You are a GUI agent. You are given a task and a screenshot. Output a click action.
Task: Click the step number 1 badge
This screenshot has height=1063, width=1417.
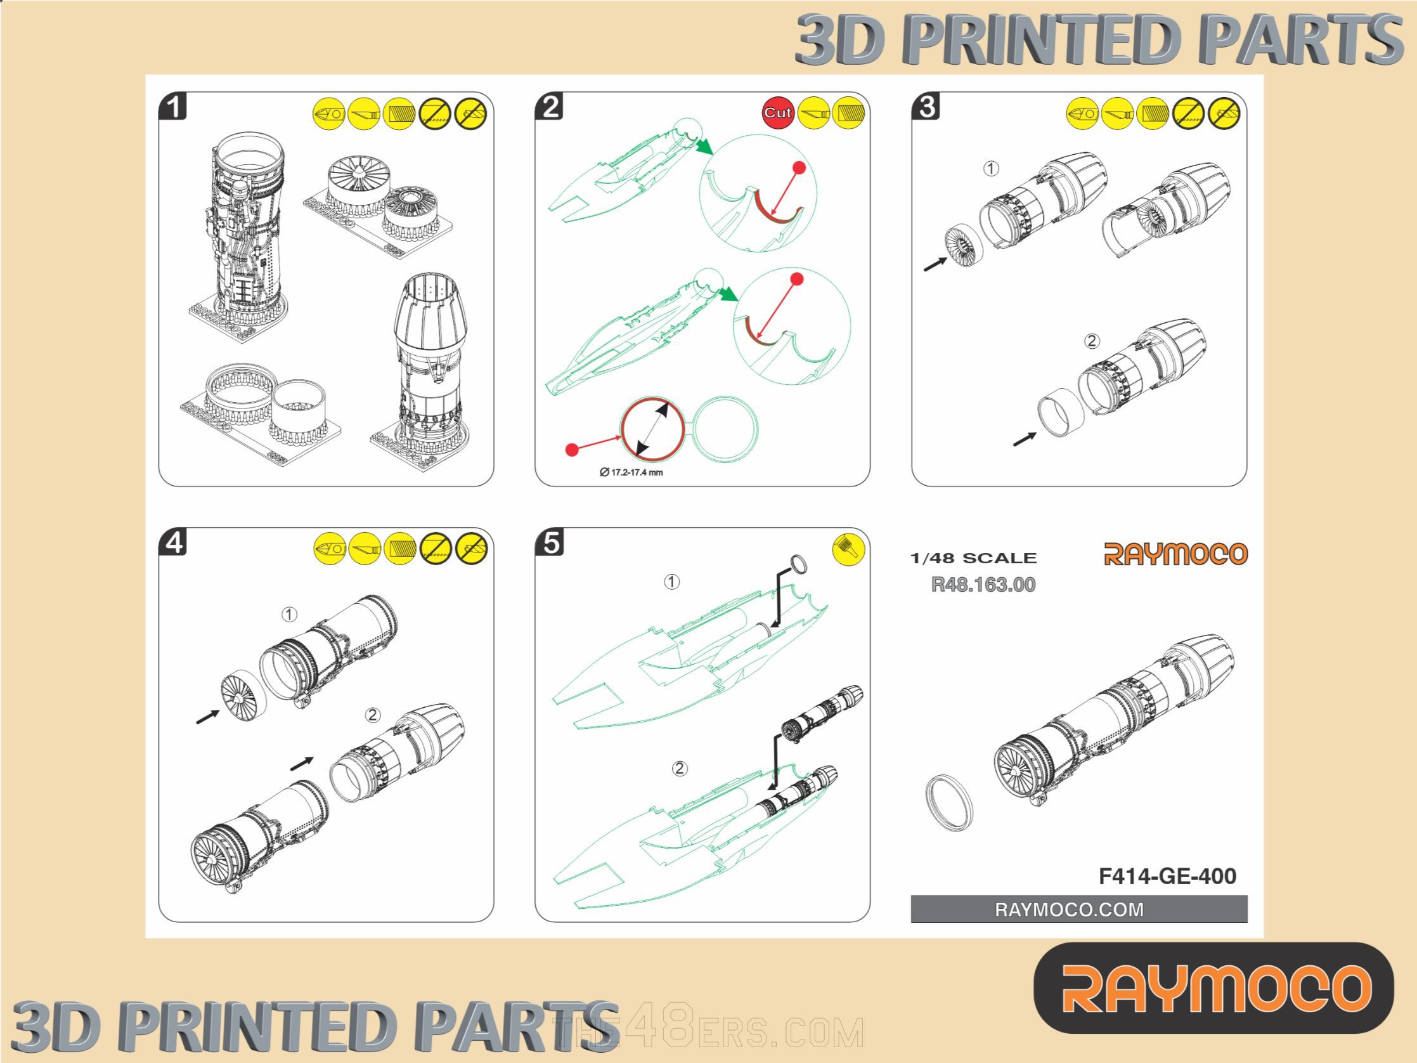(x=173, y=107)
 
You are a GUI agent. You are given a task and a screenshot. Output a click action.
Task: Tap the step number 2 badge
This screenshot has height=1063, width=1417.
(x=550, y=107)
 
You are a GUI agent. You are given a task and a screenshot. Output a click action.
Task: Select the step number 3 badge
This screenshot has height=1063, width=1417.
(x=926, y=107)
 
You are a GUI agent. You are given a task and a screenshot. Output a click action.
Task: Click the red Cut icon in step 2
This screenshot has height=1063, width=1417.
(x=778, y=114)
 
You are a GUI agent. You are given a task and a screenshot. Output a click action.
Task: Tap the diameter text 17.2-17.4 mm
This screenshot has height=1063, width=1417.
(x=631, y=473)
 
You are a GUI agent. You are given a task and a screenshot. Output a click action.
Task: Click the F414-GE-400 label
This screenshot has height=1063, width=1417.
(x=1167, y=876)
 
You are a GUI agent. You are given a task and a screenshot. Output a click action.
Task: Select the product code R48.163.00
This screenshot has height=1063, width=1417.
(x=983, y=584)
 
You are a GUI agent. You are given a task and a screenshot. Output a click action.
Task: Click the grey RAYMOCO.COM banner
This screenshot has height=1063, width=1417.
(x=1079, y=910)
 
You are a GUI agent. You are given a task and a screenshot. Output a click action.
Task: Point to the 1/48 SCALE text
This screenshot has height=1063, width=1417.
(x=973, y=558)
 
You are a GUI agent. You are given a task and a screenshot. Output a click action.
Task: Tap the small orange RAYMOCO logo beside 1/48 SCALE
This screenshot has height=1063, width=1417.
(x=1175, y=554)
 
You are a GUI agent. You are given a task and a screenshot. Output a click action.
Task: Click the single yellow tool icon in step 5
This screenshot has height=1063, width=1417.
(x=848, y=549)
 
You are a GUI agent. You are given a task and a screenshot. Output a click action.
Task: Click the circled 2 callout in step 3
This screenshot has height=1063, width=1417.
(x=1092, y=341)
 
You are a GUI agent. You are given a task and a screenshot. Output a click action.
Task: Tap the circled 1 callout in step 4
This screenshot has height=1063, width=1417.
(x=290, y=615)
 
